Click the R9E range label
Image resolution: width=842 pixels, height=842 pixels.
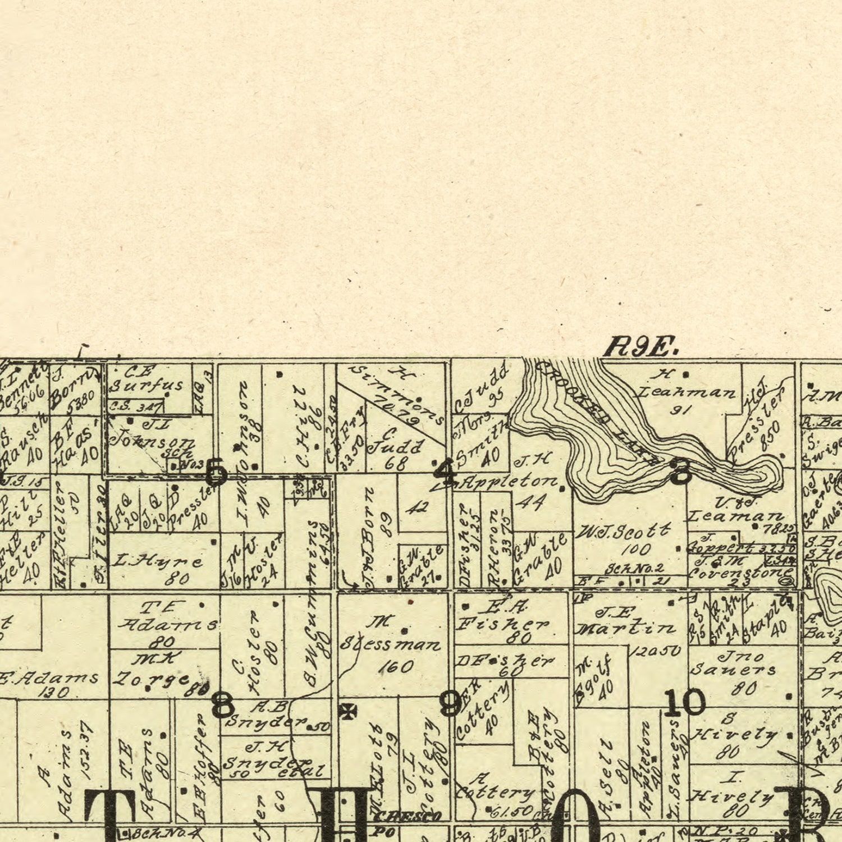(x=640, y=346)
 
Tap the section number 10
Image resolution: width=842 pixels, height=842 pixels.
(x=684, y=702)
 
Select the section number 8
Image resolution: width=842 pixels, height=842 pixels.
(x=223, y=706)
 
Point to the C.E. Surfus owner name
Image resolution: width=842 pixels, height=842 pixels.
(x=145, y=379)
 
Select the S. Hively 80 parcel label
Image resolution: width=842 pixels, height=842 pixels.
(x=733, y=735)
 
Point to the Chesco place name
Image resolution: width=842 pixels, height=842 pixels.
(x=408, y=816)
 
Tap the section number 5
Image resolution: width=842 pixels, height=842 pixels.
(x=216, y=472)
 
